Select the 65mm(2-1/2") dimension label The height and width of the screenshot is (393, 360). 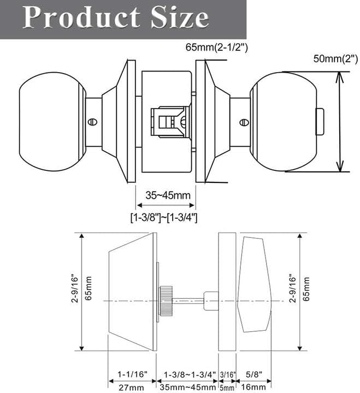pos(217,47)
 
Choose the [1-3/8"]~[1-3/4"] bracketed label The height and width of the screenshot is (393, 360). pos(164,217)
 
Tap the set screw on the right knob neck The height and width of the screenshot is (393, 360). pos(244,120)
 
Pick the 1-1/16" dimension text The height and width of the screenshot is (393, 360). pos(132,375)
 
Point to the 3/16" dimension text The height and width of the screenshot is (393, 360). pos(227,375)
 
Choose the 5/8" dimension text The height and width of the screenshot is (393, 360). pos(254,375)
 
